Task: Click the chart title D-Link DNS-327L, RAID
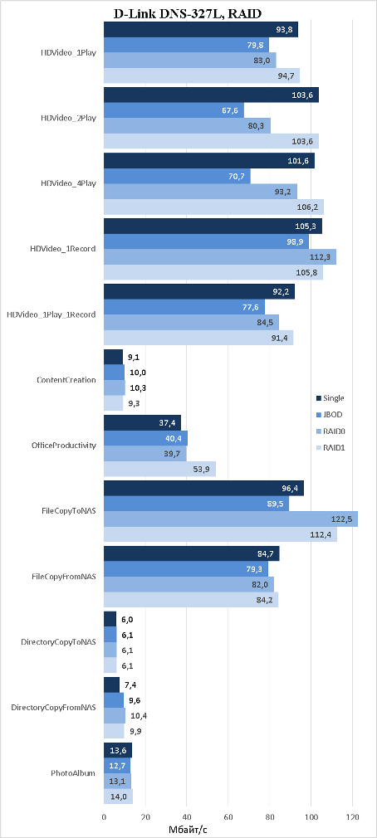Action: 188,14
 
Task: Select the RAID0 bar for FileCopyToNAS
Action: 231,519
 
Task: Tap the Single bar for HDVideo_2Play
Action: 211,95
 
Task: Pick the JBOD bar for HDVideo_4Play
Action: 177,176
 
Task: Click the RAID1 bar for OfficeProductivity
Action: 159,469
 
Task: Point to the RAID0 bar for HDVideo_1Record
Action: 220,256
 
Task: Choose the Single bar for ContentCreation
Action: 113,357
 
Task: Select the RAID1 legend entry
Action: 330,447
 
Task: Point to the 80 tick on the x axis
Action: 269,817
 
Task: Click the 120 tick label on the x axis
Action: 352,817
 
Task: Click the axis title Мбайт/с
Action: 188,829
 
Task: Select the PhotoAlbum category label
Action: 74,772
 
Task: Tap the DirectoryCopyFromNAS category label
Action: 53,708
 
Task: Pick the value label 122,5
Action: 345,519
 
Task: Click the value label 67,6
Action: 232,111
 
